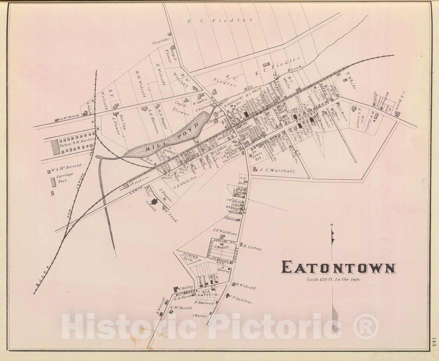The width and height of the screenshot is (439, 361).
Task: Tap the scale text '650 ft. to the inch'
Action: tap(335, 280)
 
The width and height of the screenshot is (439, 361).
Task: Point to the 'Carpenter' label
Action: tap(160, 43)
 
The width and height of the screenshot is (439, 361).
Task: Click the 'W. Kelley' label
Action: tap(184, 289)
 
